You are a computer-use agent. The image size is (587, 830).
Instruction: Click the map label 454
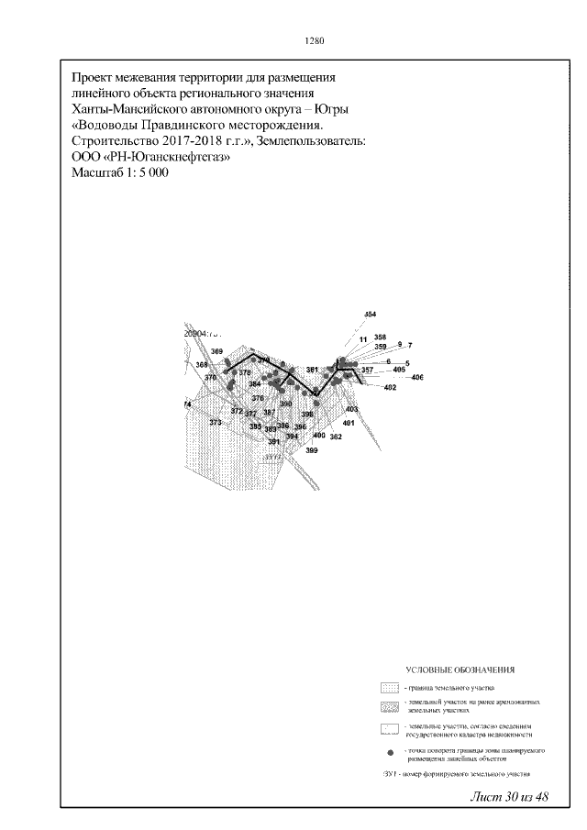click(x=371, y=315)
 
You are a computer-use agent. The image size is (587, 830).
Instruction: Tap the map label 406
click(x=417, y=378)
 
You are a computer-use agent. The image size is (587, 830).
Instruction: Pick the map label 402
click(x=390, y=389)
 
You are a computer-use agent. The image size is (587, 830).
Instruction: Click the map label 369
click(x=216, y=352)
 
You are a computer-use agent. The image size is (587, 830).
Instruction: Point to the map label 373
click(x=216, y=422)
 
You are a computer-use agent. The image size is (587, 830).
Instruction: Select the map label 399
click(x=312, y=450)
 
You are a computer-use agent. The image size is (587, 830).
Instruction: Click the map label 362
click(x=336, y=437)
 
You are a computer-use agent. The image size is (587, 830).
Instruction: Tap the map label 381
click(x=312, y=370)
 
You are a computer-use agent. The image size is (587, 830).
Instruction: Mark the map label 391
click(x=272, y=442)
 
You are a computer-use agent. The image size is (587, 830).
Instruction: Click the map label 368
click(x=202, y=365)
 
